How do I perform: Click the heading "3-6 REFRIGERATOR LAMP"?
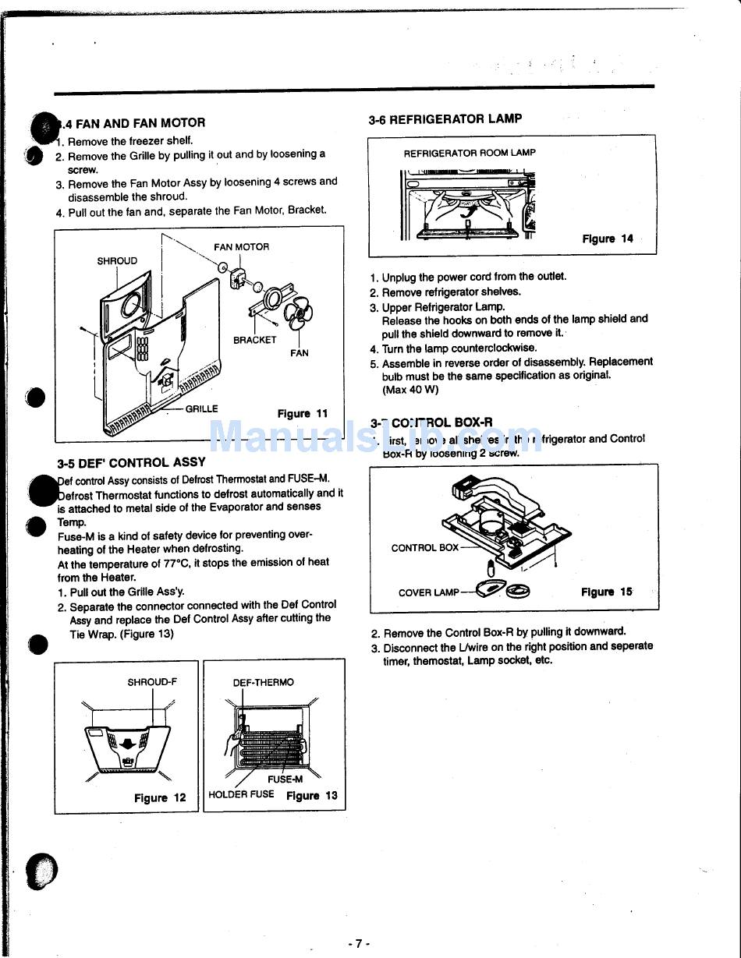[x=445, y=119]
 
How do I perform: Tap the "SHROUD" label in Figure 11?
[x=117, y=261]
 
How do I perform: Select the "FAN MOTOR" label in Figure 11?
[x=241, y=247]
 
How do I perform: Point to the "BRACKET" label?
[x=254, y=340]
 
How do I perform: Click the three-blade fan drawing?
[x=298, y=314]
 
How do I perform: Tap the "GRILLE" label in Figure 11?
[x=201, y=408]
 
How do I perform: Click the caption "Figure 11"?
[x=303, y=414]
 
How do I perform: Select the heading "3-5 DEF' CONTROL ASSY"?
[x=131, y=461]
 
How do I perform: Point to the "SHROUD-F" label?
[x=152, y=682]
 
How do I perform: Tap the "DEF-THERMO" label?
[x=264, y=683]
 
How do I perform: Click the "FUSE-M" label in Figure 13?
[x=285, y=779]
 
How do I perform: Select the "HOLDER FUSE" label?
[x=241, y=795]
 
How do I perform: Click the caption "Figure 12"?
[x=160, y=797]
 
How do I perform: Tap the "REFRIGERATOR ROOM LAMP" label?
[x=470, y=154]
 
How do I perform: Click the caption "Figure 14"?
[x=608, y=239]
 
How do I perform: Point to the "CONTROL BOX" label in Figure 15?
[x=424, y=548]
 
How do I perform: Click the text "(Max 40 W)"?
[x=410, y=390]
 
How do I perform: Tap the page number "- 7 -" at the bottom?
[x=358, y=943]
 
